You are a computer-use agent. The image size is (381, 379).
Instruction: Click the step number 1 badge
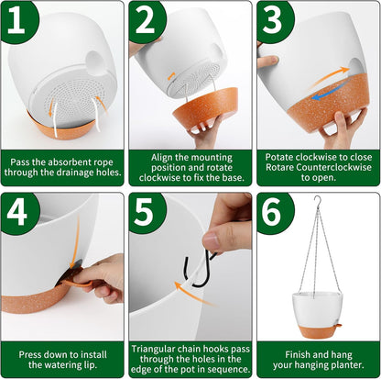coord(19,20)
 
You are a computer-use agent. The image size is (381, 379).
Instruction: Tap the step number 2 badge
coord(147,20)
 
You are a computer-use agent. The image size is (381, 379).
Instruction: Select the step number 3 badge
coord(275,20)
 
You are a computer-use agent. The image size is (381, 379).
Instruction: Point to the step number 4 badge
coord(19,212)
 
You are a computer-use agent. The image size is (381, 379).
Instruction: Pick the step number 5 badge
coord(147,212)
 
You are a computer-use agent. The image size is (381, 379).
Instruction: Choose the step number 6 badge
coord(275,212)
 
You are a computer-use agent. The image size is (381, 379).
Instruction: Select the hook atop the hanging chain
coord(318,201)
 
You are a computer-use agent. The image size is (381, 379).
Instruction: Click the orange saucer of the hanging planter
coord(318,331)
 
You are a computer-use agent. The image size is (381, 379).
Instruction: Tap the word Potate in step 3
coord(277,157)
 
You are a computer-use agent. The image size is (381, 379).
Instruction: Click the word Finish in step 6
coord(297,354)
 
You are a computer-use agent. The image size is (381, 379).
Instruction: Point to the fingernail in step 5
coord(211,240)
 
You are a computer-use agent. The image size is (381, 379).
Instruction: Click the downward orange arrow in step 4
coord(76,241)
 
